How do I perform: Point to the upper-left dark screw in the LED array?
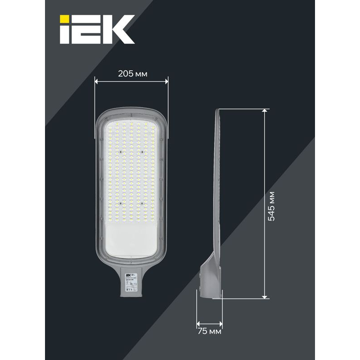pyautogui.click(x=121, y=153)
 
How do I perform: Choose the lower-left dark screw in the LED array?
pyautogui.click(x=121, y=203)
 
